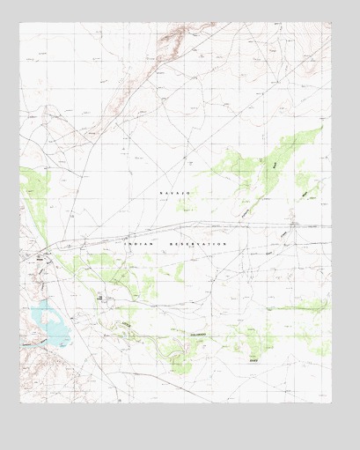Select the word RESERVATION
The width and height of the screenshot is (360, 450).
pyautogui.click(x=199, y=243)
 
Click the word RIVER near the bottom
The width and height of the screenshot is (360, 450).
pyautogui.click(x=253, y=359)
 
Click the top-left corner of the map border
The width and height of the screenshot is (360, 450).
pyautogui.click(x=20, y=24)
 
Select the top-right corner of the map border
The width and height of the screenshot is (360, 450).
pyautogui.click(x=331, y=24)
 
